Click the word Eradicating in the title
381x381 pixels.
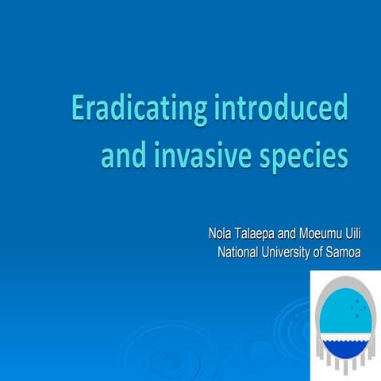pyautogui.click(x=137, y=109)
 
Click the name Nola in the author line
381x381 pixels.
pyautogui.click(x=219, y=235)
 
